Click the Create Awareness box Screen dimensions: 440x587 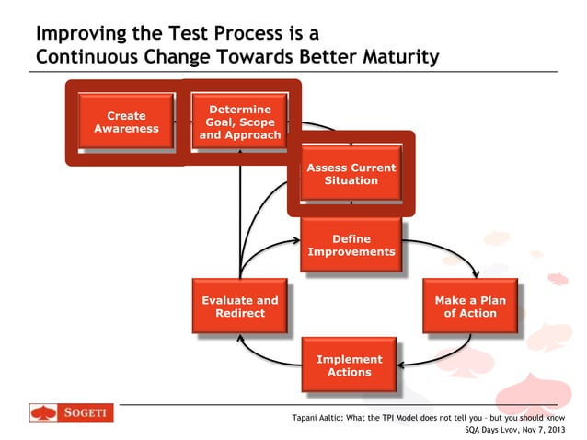point(126,122)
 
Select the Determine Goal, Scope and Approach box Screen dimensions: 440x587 point(240,122)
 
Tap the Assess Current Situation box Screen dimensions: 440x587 point(351,174)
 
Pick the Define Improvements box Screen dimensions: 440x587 point(351,245)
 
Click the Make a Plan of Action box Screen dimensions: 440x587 point(469,307)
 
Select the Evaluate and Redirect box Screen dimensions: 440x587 point(239,307)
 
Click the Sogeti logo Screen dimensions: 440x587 point(72,414)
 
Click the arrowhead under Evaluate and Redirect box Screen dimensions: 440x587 point(240,339)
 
